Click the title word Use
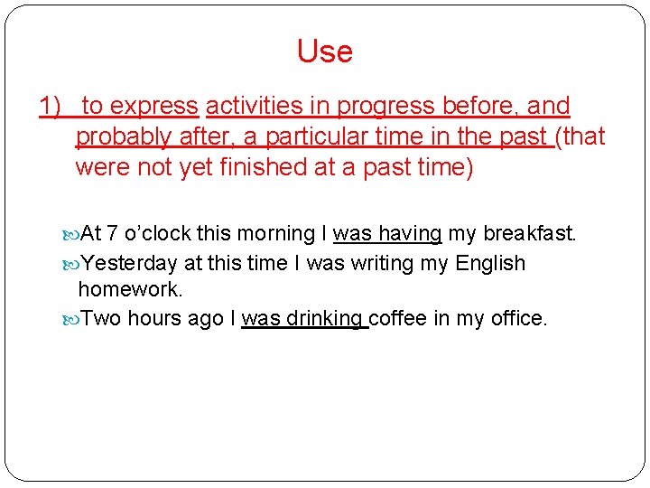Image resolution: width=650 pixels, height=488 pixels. click(324, 52)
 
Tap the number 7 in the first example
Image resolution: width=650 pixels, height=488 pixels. click(113, 234)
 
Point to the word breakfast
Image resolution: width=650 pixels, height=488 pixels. click(530, 234)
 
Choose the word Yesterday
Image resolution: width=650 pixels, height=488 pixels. click(129, 264)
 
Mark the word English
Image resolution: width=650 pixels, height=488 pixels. click(490, 264)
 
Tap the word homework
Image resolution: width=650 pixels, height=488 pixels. click(130, 289)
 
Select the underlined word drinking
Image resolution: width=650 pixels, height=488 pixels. click(325, 319)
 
